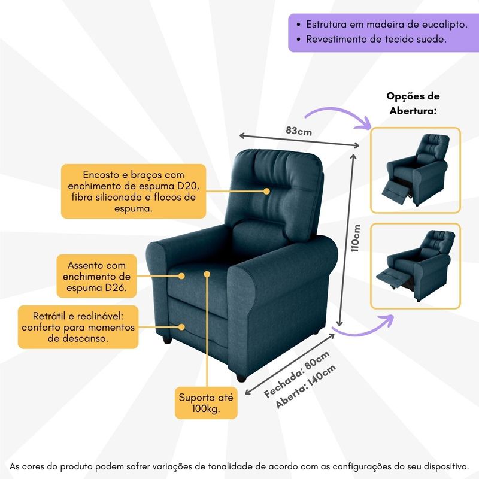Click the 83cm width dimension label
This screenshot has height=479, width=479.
coord(299,131)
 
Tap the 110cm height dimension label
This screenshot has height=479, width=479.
coord(356,238)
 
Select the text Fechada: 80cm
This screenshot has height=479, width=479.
coord(296,374)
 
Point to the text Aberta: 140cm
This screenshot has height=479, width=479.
coord(305,386)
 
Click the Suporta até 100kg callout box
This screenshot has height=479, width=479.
coord(206,403)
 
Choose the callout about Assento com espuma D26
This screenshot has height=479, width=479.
coord(96,276)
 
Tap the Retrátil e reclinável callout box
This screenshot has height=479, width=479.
coord(78,327)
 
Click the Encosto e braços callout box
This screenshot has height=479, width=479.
coord(134,191)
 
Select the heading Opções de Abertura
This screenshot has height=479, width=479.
coord(413,103)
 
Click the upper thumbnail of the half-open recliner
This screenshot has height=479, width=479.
coord(416,170)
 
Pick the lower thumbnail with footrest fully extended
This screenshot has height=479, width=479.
coord(416,266)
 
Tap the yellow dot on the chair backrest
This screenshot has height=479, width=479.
coord(266,191)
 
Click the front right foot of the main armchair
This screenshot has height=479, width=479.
coord(241,377)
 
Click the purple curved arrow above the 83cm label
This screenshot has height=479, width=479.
coord(339,114)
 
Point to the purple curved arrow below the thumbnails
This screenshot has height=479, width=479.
coord(363,326)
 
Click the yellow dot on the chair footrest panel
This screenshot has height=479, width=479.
coord(181,327)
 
